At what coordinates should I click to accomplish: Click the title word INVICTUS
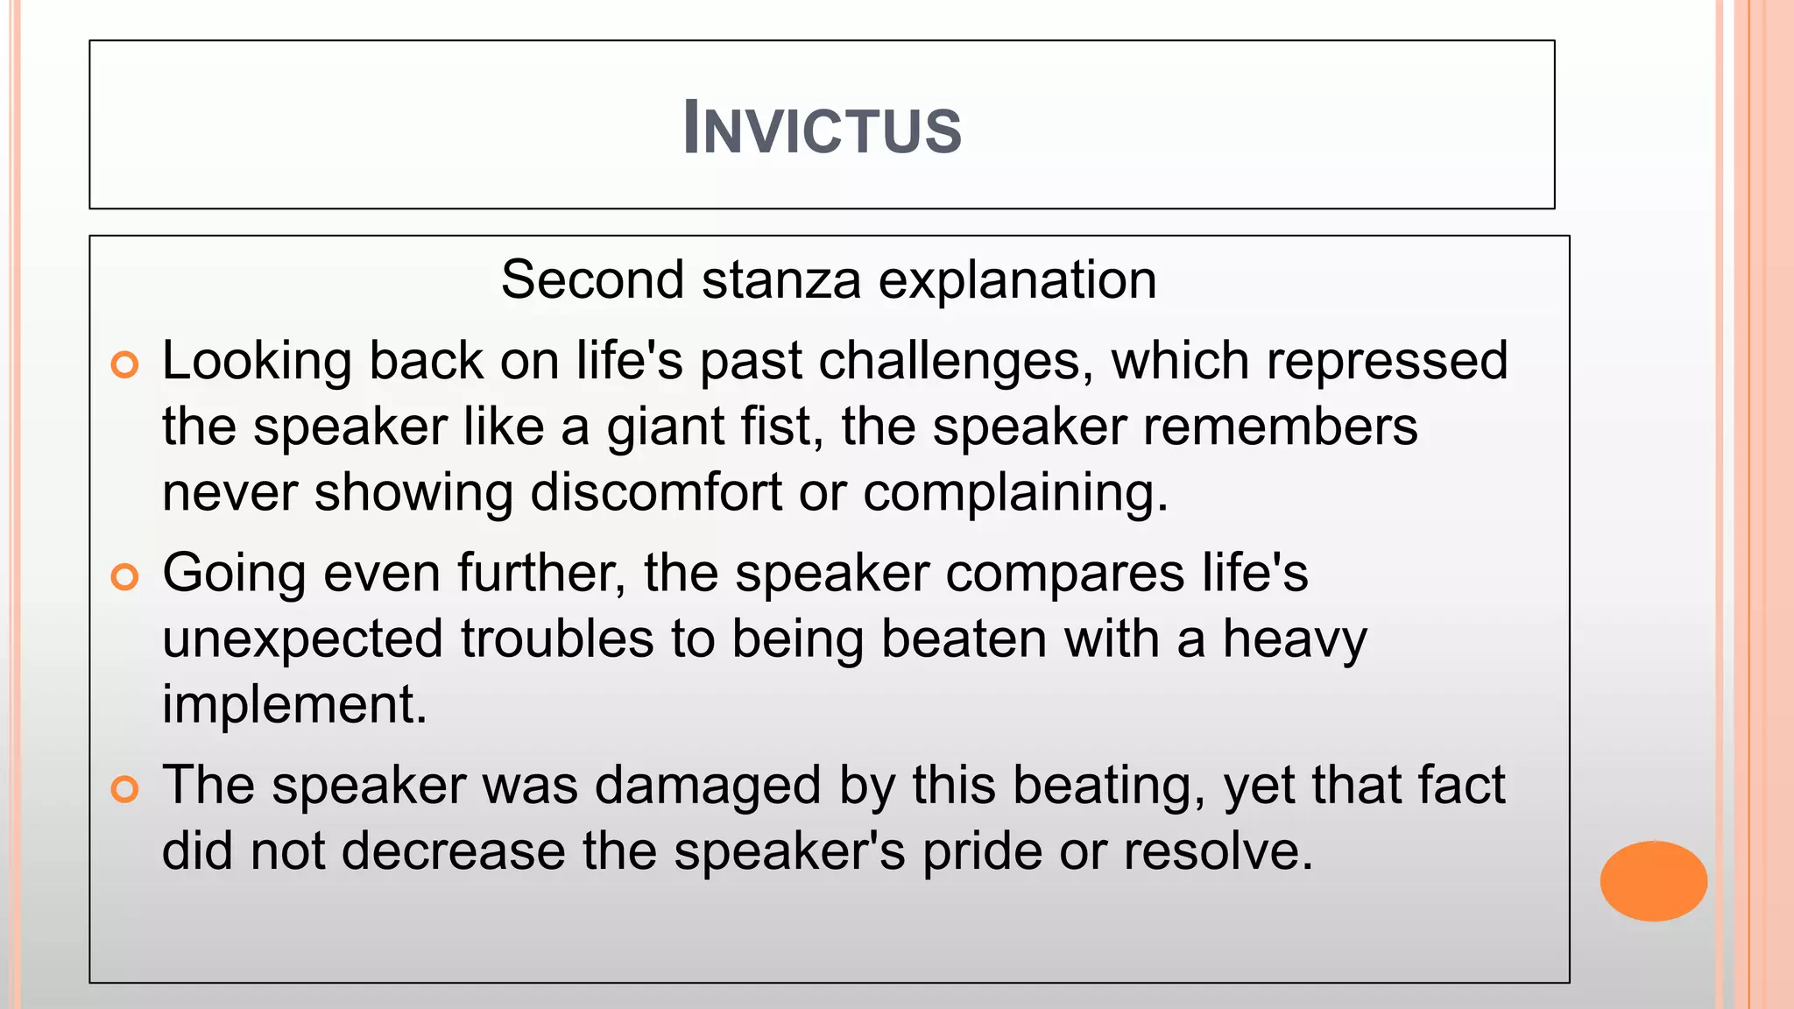(822, 129)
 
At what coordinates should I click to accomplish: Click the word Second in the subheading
(592, 280)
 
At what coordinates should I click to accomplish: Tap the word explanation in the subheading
(1017, 280)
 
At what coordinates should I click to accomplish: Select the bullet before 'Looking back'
(125, 364)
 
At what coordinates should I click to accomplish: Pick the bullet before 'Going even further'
(125, 576)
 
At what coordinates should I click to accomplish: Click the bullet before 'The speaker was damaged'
(125, 788)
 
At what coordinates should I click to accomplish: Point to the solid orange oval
(1653, 880)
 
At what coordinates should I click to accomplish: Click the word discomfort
(655, 492)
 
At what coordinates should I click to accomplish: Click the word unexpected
(303, 639)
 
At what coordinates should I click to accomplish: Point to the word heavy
(1294, 639)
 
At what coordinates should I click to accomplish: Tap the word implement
(293, 704)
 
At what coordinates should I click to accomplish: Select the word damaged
(708, 785)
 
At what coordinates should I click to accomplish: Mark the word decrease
(453, 850)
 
